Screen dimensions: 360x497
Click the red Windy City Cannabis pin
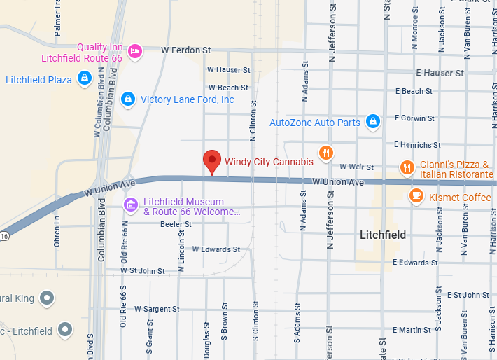coord(212,161)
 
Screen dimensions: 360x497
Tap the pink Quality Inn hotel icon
coord(136,50)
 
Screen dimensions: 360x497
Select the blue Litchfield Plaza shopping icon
coord(84,78)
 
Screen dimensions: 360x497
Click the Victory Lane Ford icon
coord(127,99)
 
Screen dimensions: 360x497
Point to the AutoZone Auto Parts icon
coord(373,122)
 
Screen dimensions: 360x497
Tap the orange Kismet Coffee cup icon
coord(416,196)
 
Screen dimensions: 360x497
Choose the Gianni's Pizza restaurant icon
coord(407,167)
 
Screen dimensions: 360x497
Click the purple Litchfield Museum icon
coord(130,204)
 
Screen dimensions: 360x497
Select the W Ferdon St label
coord(185,50)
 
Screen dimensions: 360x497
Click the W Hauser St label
coord(229,70)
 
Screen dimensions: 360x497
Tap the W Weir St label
coord(356,167)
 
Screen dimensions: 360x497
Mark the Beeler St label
coord(176,224)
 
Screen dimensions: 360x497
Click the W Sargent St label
coord(157,309)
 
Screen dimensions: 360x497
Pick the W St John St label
coord(143,270)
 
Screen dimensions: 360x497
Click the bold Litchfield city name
coord(383,235)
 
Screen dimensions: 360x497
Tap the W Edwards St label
coord(216,249)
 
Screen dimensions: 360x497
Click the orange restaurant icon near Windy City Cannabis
coord(325,152)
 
